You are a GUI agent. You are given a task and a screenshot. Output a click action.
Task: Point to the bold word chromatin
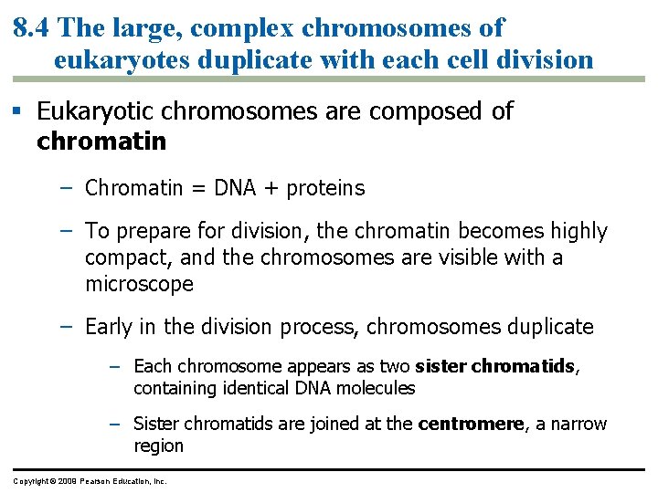tap(101, 142)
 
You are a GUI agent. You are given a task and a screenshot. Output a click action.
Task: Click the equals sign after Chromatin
tap(198, 189)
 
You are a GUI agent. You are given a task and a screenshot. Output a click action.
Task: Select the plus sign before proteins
tap(272, 189)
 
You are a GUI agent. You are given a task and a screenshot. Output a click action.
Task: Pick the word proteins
tap(325, 189)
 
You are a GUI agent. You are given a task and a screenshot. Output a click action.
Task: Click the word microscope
tap(139, 284)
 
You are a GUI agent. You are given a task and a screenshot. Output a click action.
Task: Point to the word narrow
tap(577, 424)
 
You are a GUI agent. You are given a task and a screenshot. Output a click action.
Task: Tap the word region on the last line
tap(158, 446)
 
